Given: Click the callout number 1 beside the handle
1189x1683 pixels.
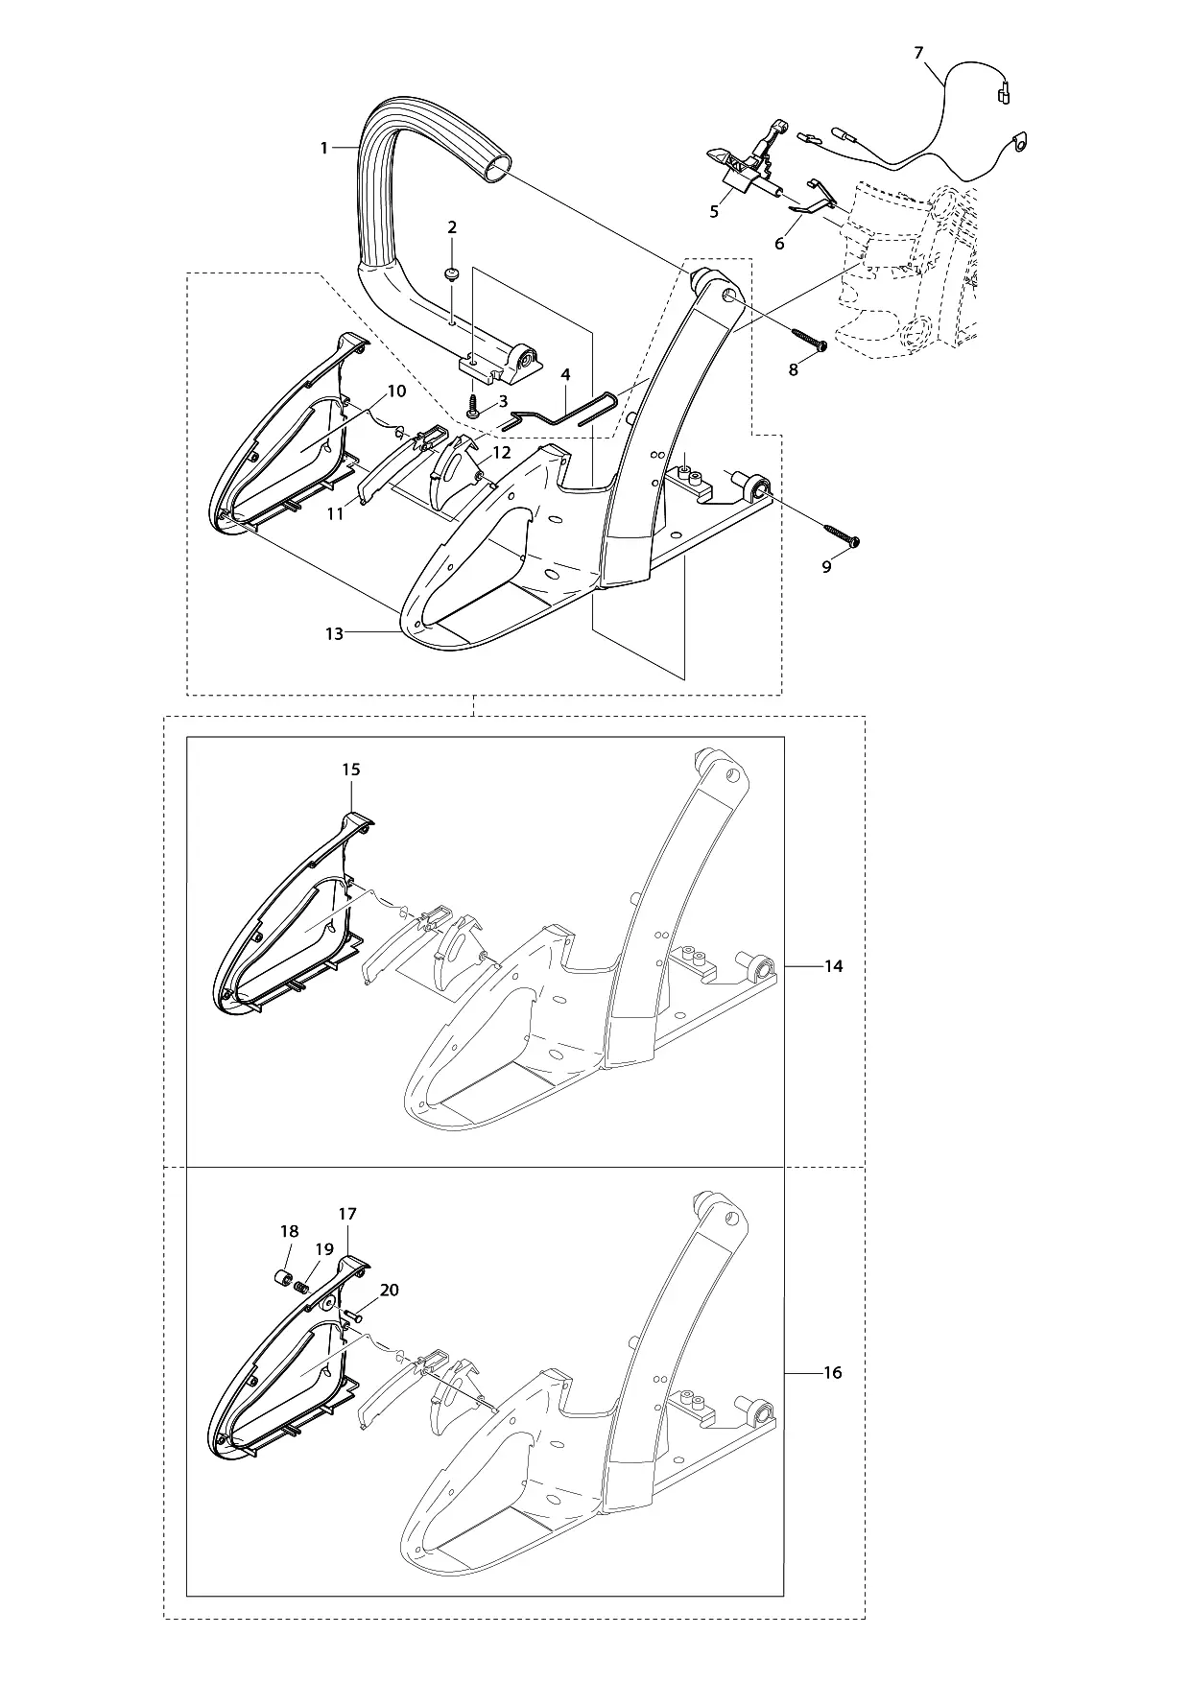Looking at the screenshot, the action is (324, 148).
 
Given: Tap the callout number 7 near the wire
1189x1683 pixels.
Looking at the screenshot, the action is (918, 53).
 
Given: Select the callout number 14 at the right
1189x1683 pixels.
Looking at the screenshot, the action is (833, 966).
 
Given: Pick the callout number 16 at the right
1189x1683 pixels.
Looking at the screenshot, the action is (832, 1373).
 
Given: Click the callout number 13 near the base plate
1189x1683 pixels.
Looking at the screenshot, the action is (334, 633).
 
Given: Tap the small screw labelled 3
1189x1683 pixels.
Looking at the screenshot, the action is (472, 409).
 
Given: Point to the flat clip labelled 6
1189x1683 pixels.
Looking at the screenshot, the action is (812, 196).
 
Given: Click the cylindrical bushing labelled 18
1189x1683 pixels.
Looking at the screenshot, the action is (284, 1278).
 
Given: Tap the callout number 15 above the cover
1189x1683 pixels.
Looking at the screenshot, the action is (350, 770).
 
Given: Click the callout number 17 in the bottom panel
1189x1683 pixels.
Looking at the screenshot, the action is (346, 1214).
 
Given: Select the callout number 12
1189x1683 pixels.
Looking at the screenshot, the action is (501, 453).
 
